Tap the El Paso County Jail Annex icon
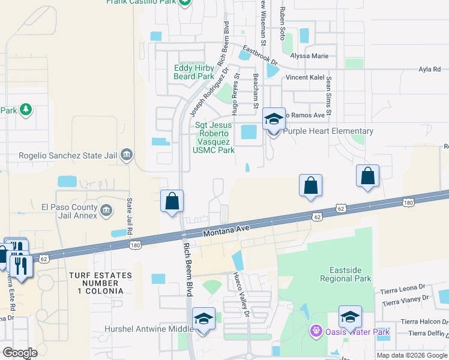pos(106,209)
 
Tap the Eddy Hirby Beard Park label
pos(193,72)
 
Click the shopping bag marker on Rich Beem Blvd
pos(172,200)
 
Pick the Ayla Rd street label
pos(430,70)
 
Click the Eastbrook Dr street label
pos(260,56)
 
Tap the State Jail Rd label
pos(128,216)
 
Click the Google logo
pos(20,353)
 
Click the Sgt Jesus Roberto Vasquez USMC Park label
pos(214,137)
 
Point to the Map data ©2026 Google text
pos(412,355)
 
